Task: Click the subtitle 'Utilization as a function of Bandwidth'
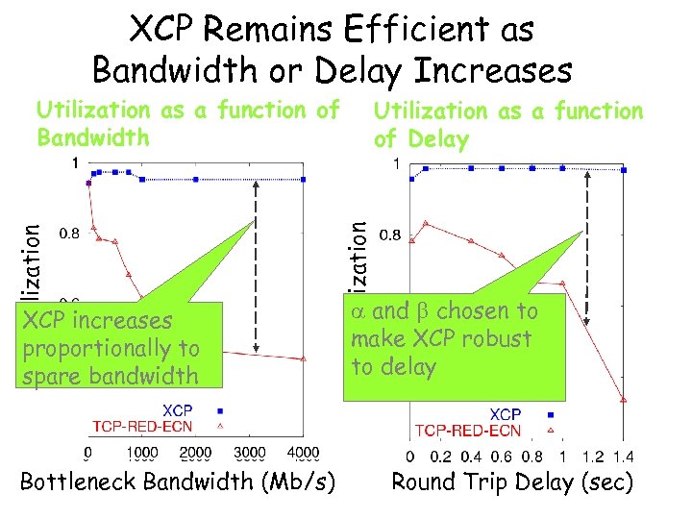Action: (x=187, y=124)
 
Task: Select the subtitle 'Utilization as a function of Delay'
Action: (x=507, y=126)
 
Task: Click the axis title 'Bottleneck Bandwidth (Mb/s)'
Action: (x=178, y=481)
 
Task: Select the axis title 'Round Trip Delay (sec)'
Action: (x=511, y=481)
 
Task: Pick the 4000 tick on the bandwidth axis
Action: (x=303, y=453)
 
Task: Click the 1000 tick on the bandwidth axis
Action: (x=141, y=453)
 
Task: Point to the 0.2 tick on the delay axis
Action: (x=439, y=457)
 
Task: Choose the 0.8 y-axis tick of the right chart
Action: (x=390, y=234)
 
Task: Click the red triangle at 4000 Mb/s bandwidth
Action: (x=303, y=358)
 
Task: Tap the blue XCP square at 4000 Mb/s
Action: (x=303, y=179)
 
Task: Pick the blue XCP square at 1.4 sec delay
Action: (x=624, y=170)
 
